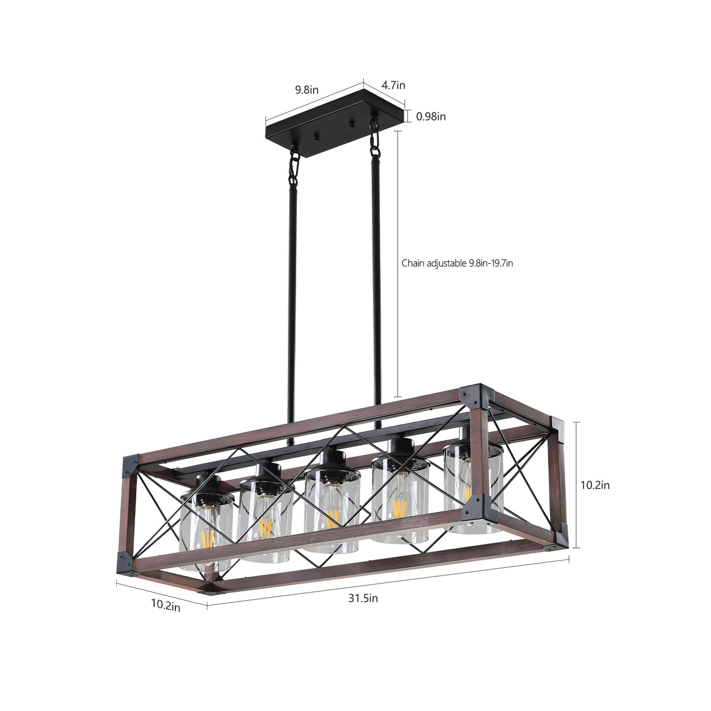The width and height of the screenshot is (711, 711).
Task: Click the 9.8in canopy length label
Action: pos(307,90)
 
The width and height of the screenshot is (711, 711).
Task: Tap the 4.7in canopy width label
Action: pos(393,85)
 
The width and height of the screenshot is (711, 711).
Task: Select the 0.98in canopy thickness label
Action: pos(431,117)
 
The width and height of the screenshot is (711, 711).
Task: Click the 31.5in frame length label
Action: pos(363,598)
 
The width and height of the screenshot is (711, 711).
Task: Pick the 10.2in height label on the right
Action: pos(594,485)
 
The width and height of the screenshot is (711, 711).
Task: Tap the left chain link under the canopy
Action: pos(293,168)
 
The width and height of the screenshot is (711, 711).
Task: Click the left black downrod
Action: pos(290,296)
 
